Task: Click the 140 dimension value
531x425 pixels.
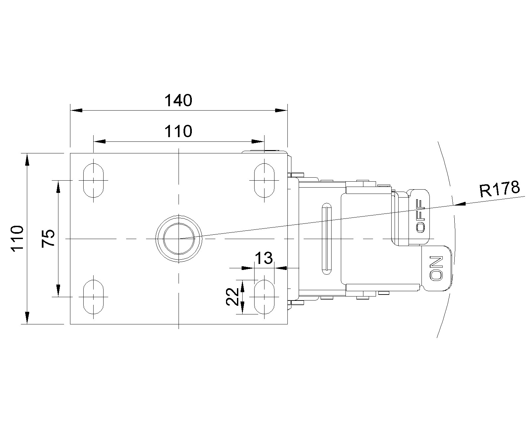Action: coord(178,101)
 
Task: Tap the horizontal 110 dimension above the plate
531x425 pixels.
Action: coord(178,131)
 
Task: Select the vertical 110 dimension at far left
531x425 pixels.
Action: coord(17,238)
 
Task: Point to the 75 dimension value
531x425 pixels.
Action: coord(48,238)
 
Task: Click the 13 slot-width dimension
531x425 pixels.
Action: coord(264,258)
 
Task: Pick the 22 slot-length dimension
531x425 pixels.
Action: coord(233,297)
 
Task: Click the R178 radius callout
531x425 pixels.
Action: coord(499,189)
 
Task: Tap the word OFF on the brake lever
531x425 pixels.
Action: coord(420,216)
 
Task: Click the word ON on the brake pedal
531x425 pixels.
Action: coord(436,268)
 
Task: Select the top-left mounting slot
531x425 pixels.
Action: coord(93,180)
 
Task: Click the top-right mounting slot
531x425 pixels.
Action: coord(264,180)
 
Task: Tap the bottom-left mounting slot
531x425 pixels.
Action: coord(93,297)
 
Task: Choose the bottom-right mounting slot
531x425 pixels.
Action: coord(264,297)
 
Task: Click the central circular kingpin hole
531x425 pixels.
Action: coord(179,239)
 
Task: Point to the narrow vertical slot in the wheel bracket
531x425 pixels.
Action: coord(327,238)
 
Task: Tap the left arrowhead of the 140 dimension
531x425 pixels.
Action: coord(76,110)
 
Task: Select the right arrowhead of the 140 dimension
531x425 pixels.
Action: coord(281,110)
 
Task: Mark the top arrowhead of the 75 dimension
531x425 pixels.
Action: coord(58,187)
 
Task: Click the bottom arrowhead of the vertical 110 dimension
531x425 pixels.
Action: coord(27,318)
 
